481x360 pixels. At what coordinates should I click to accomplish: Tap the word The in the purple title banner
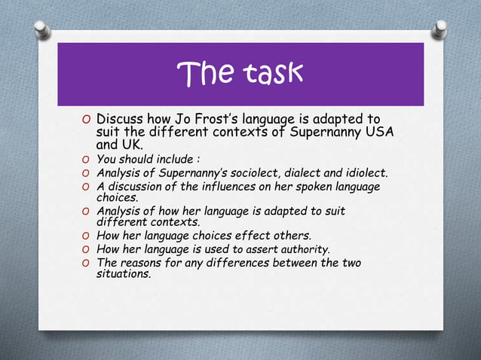(204, 73)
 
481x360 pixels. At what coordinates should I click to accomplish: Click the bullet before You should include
(87, 160)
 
